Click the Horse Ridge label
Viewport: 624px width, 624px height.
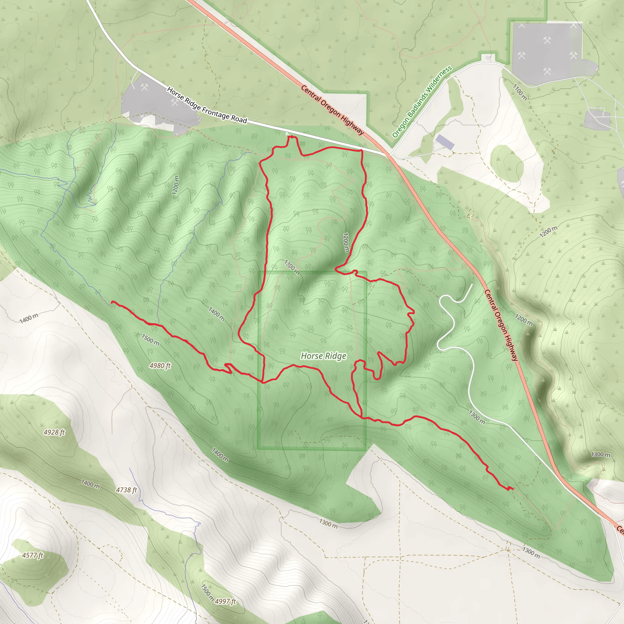click(x=323, y=356)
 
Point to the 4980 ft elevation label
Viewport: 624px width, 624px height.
click(x=160, y=366)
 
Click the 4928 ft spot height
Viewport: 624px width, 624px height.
click(x=54, y=432)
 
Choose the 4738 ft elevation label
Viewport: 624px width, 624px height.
click(x=126, y=490)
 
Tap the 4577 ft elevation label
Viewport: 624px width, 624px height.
click(x=33, y=555)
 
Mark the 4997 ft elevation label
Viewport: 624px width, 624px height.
click(x=225, y=601)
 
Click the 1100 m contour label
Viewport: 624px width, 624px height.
click(x=520, y=92)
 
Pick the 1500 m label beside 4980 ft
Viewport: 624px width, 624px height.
click(x=150, y=340)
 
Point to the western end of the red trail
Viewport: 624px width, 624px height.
click(x=112, y=302)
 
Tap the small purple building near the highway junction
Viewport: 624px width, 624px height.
click(x=445, y=142)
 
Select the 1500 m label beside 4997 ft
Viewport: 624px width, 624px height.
click(x=207, y=593)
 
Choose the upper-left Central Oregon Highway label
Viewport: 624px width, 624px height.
click(x=332, y=110)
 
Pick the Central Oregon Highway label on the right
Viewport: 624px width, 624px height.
click(x=501, y=325)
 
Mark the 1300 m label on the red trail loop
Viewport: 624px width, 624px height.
click(x=292, y=268)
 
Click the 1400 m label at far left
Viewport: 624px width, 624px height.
click(x=29, y=318)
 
